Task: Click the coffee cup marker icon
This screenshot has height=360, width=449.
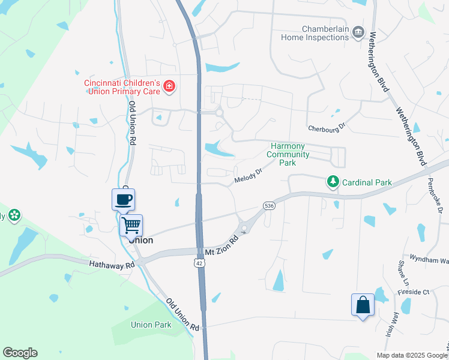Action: pos(124,199)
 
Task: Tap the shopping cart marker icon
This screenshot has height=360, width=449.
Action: pos(131,226)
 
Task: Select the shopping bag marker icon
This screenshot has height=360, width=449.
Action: pos(363,305)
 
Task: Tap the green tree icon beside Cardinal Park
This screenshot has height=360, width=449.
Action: pos(333,181)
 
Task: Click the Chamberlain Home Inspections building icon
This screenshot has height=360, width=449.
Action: pos(358,31)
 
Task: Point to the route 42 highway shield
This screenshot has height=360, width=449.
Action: pos(199,263)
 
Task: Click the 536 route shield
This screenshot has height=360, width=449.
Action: pos(269,206)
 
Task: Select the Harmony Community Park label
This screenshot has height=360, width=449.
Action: pos(288,154)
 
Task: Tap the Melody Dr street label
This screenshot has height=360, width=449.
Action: pos(249,173)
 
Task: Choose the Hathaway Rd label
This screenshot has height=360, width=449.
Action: pos(112,264)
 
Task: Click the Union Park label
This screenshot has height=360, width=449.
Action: pos(151,325)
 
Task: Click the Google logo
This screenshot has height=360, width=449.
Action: pos(20,353)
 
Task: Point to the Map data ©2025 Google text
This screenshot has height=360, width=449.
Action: pos(411,355)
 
